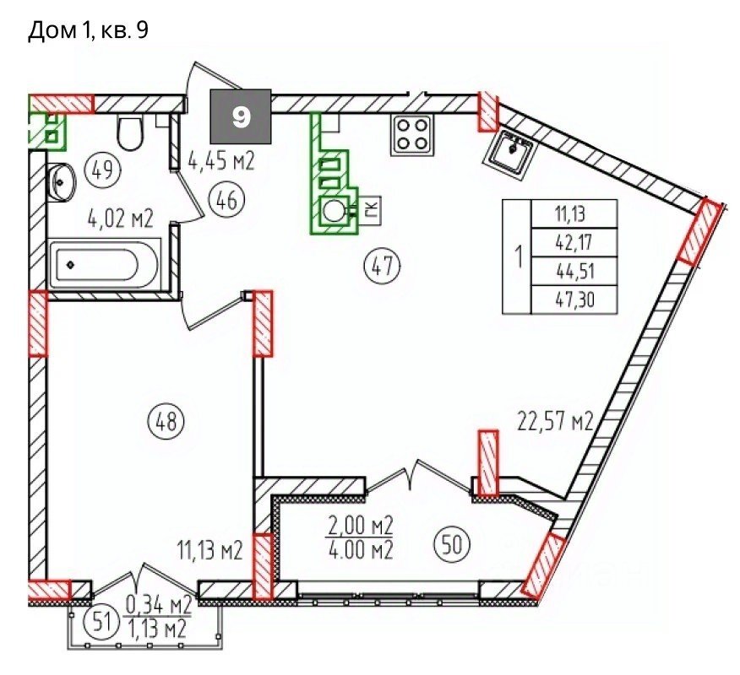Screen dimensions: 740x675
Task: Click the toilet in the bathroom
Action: tap(130, 132)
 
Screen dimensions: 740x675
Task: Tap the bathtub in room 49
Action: tap(105, 263)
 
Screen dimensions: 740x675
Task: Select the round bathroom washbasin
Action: tap(62, 181)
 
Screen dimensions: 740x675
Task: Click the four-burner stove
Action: tap(411, 134)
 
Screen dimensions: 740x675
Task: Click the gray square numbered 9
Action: tap(241, 116)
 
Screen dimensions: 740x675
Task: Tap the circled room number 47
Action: tap(382, 267)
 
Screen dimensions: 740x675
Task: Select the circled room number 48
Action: tap(166, 421)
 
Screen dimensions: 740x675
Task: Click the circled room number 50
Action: tap(452, 544)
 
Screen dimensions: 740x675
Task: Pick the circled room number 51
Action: tap(101, 622)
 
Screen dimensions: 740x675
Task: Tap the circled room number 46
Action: tap(227, 200)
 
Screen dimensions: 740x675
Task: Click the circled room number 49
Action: tap(103, 170)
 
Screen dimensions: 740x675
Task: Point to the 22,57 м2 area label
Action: tap(555, 421)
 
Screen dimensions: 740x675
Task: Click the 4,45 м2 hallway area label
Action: tap(221, 161)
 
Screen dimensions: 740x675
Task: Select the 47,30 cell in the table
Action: tap(574, 300)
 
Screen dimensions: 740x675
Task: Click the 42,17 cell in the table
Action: tap(574, 243)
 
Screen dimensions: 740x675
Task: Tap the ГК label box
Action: tap(371, 211)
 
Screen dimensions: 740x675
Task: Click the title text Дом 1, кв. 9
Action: tap(89, 30)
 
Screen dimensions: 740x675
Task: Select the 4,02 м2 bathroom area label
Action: tap(121, 219)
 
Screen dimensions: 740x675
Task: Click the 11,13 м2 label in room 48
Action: tap(209, 549)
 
